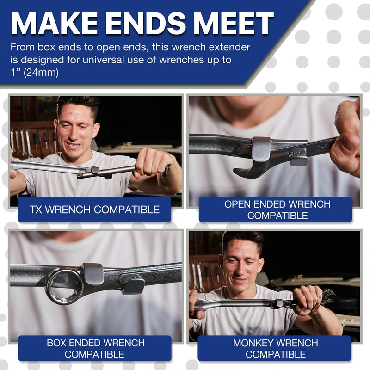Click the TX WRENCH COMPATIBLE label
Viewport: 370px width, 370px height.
[x=94, y=210]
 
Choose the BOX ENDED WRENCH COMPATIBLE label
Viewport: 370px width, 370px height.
[x=95, y=349]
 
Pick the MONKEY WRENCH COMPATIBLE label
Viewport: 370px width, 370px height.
[x=275, y=349]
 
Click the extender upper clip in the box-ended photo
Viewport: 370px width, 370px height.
[x=93, y=274]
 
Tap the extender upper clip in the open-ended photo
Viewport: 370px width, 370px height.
[x=262, y=149]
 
